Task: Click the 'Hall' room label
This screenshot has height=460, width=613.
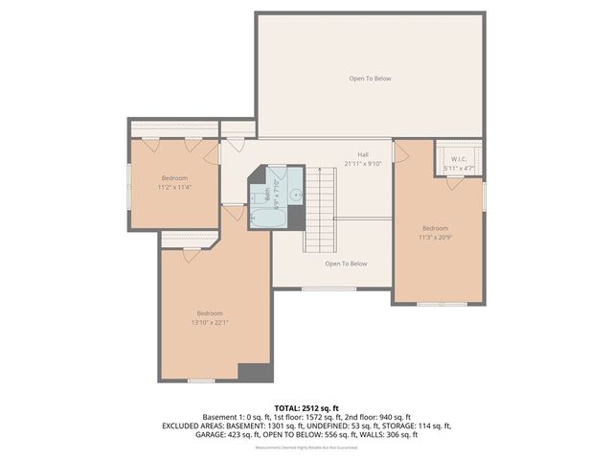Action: pyautogui.click(x=363, y=154)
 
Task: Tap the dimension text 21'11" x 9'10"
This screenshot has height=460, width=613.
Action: pyautogui.click(x=363, y=164)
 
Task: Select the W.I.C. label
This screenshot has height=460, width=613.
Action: pyautogui.click(x=458, y=159)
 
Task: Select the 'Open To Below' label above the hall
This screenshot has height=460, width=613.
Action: pyautogui.click(x=370, y=79)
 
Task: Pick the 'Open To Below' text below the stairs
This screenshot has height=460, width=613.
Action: pyautogui.click(x=346, y=264)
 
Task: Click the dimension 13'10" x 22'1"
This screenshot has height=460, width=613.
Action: pyautogui.click(x=210, y=323)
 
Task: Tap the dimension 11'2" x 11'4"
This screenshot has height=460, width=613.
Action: pyautogui.click(x=174, y=188)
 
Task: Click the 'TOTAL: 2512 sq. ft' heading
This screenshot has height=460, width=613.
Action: pyautogui.click(x=306, y=408)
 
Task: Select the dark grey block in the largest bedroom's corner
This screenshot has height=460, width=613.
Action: pyautogui.click(x=254, y=373)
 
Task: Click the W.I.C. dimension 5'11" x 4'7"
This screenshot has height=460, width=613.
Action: pyautogui.click(x=458, y=169)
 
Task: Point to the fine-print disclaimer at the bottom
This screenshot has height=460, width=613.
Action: pyautogui.click(x=306, y=448)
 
